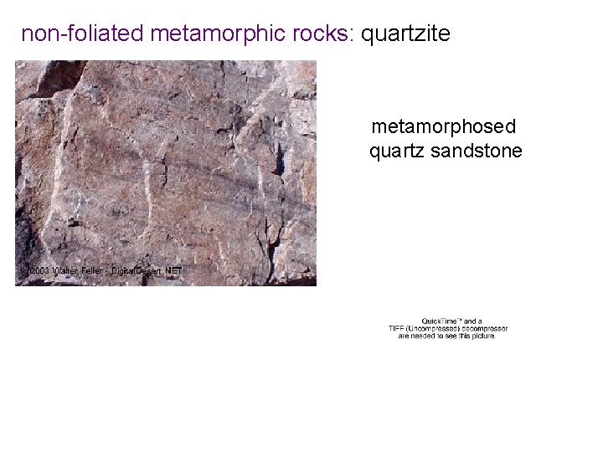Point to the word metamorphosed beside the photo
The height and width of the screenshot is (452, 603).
(444, 127)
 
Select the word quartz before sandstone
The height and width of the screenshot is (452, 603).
(398, 151)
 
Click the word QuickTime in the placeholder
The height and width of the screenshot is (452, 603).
(439, 321)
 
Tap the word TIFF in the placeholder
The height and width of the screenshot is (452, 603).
(396, 328)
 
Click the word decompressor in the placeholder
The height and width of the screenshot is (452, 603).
(482, 328)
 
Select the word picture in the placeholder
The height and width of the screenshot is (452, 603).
(482, 336)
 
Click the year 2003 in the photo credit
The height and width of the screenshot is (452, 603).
(39, 271)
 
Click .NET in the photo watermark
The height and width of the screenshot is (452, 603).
(173, 271)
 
